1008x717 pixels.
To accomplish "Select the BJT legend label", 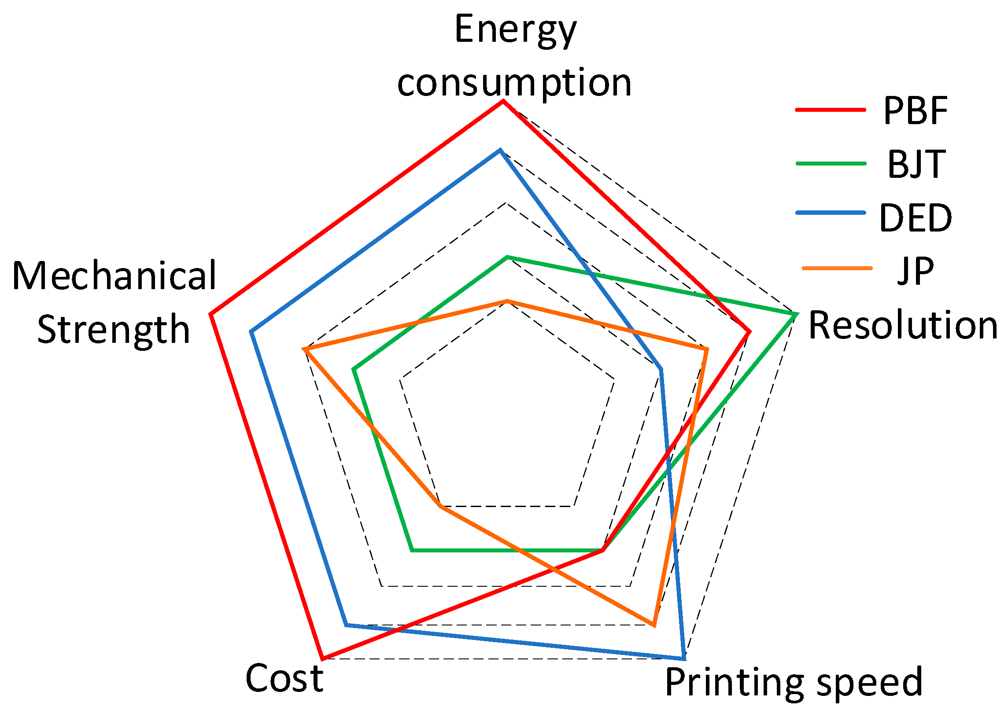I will coord(916,164).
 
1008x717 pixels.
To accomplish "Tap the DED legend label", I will coord(915,218).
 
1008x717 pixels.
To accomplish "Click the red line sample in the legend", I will coord(831,110).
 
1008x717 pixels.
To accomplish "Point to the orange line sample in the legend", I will coord(837,268).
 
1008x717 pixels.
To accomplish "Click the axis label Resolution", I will coord(903,325).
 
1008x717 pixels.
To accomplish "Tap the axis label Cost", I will coord(284,678).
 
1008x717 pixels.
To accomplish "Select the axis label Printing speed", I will coord(794,682).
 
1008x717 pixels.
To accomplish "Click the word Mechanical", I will coord(114,276).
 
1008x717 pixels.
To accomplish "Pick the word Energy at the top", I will coord(515,30).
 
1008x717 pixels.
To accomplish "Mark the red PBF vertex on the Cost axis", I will coord(323,659).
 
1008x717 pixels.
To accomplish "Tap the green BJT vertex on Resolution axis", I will coord(797,314).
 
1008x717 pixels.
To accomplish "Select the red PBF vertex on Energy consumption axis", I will coord(502,102).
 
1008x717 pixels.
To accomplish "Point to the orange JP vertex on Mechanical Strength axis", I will coord(304,349).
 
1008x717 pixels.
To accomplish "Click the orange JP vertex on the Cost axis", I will coord(439,507).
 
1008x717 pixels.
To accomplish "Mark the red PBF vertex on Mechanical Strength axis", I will coord(210,314).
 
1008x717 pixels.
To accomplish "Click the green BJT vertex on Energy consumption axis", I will coord(508,257).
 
